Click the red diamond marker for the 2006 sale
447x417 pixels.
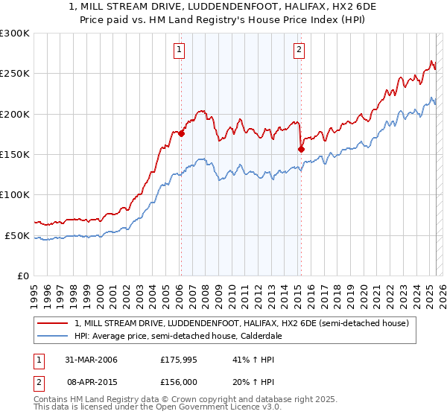[x=181, y=134]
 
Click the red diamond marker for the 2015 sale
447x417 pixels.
[x=301, y=149]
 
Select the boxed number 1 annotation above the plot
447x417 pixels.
[x=180, y=50]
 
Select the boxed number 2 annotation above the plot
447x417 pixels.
[x=299, y=50]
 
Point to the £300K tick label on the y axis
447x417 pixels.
[x=15, y=34]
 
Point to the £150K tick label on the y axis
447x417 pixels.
[x=15, y=155]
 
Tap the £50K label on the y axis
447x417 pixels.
[x=17, y=235]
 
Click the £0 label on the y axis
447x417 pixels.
[x=22, y=276]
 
